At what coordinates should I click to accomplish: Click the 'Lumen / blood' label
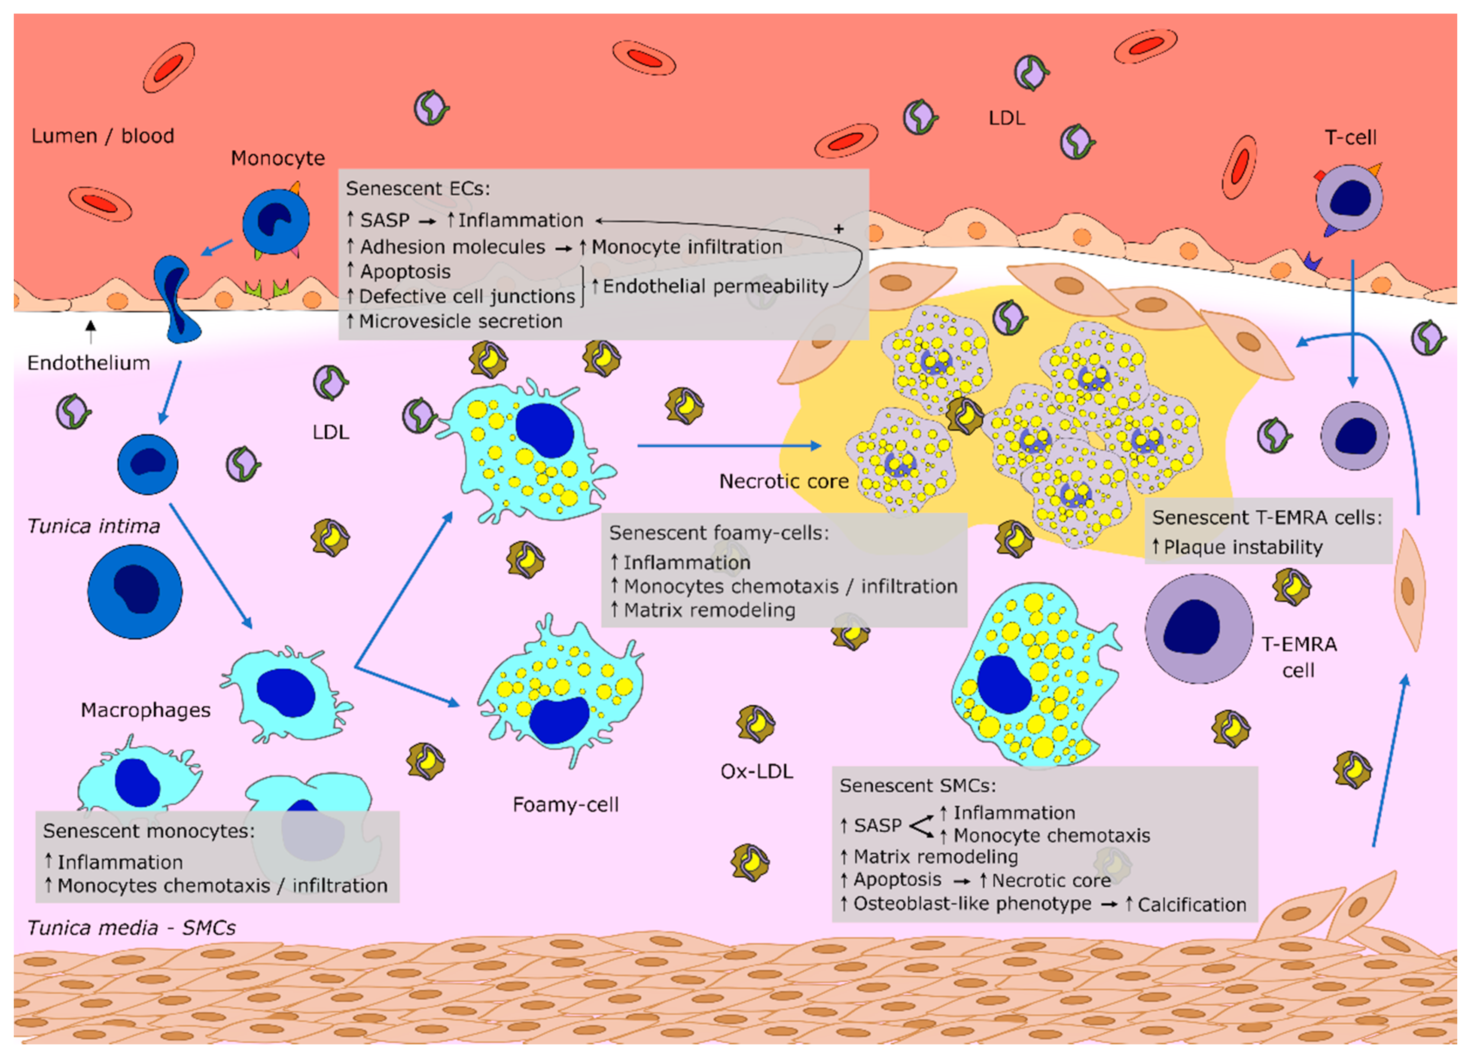click(103, 136)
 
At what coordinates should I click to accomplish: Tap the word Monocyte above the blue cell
click(277, 158)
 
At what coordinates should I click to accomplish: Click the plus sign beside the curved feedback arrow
click(839, 229)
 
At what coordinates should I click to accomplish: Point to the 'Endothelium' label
click(88, 363)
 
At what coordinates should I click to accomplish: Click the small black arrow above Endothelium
click(91, 330)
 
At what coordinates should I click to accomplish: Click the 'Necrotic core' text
click(783, 481)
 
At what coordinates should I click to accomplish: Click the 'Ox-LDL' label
click(756, 772)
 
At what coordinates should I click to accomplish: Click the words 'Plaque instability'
click(1243, 548)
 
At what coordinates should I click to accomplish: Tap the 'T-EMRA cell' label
click(1298, 657)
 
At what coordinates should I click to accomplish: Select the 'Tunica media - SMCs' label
click(131, 928)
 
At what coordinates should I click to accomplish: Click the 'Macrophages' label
click(145, 710)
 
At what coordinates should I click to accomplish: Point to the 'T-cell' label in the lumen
click(1350, 137)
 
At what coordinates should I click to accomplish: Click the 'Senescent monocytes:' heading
click(149, 831)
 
